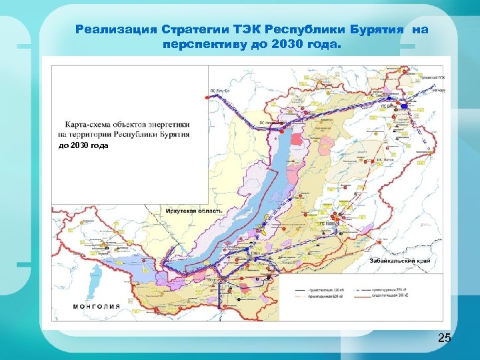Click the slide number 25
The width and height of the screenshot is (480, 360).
click(x=444, y=339)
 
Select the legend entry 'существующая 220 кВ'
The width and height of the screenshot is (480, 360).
click(x=327, y=291)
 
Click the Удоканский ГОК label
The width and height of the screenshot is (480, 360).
click(x=431, y=78)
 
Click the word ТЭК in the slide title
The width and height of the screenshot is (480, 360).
click(x=248, y=30)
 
